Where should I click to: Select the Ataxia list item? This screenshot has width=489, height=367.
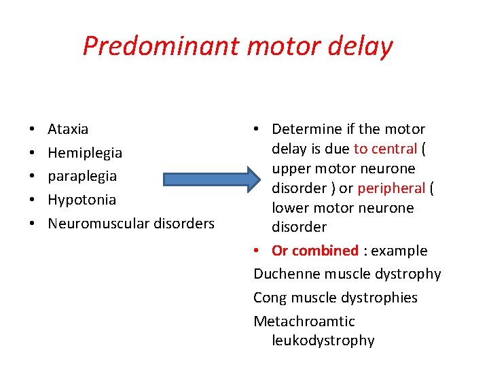coord(68,129)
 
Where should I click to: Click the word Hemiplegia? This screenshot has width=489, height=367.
coord(85,153)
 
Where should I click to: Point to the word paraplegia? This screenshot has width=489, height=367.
coord(82,177)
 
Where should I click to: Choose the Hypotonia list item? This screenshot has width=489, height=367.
coord(81,200)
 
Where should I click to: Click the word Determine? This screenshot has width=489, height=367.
coord(304,129)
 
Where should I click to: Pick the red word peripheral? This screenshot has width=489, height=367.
coord(391,188)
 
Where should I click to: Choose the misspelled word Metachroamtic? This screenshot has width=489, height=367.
coord(304,321)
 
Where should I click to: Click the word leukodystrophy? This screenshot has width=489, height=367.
coord(323,340)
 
